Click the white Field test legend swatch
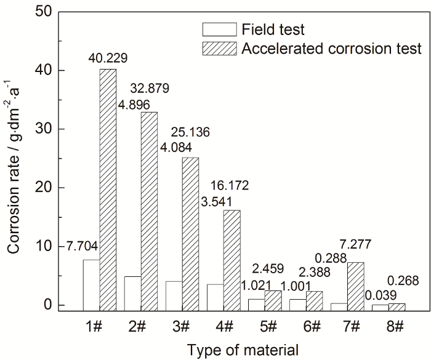[x=219, y=28]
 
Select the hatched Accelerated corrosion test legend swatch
[x=219, y=48]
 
